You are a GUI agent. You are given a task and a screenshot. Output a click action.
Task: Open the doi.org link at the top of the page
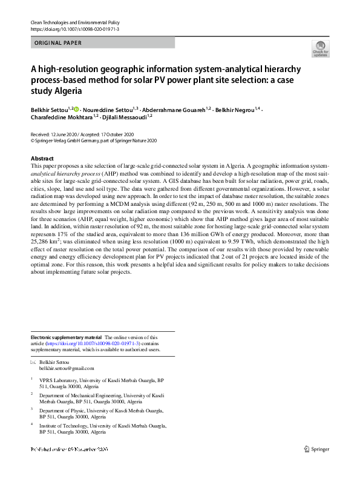74,28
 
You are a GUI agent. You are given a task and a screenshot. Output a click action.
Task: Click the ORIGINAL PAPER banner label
58,43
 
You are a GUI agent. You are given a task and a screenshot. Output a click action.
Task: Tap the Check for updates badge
320,49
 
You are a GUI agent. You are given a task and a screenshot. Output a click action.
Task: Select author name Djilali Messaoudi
126,117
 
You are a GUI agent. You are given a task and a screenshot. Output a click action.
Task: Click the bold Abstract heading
42,158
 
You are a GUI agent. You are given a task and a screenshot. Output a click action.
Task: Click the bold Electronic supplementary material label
67,337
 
